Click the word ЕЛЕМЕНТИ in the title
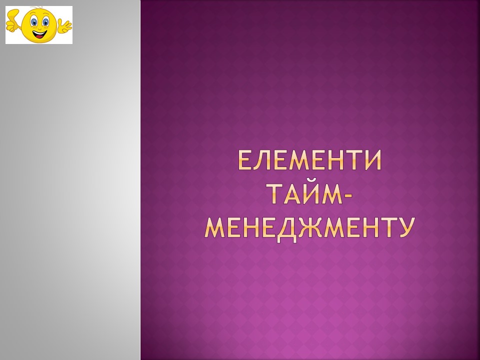click(x=310, y=160)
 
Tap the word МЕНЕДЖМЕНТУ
click(x=310, y=228)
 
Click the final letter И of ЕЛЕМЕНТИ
click(x=373, y=160)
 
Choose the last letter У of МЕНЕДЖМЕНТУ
click(x=406, y=228)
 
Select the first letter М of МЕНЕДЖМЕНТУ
click(x=215, y=228)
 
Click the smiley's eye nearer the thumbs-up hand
click(x=34, y=21)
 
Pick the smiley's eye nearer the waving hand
click(x=45, y=22)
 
